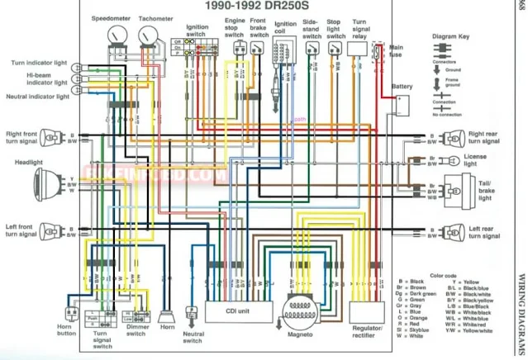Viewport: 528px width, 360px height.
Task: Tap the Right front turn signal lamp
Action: pyautogui.click(x=49, y=136)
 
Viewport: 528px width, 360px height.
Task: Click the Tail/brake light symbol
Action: pyautogui.click(x=454, y=189)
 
